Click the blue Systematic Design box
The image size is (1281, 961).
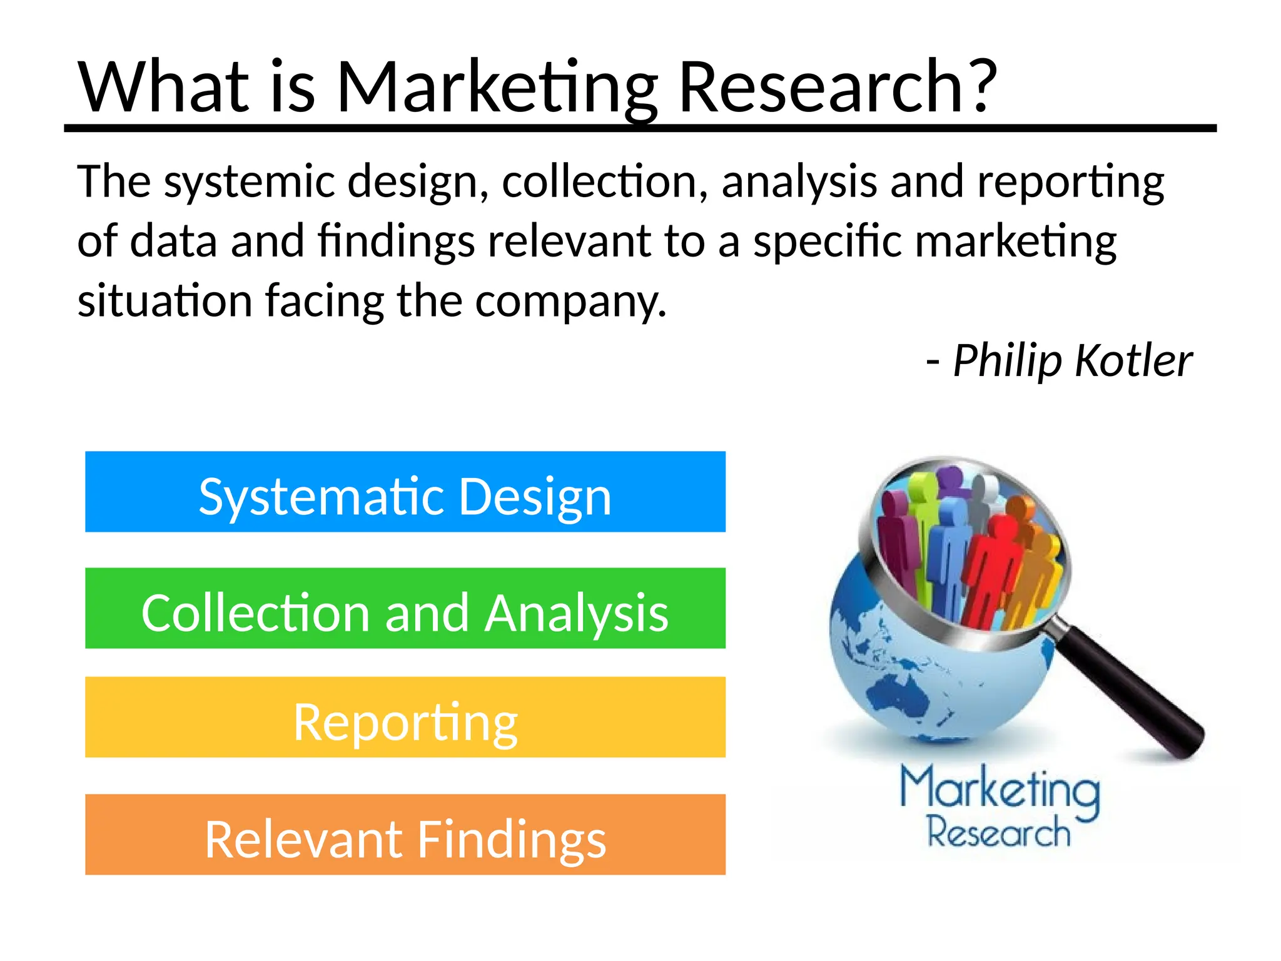pyautogui.click(x=405, y=492)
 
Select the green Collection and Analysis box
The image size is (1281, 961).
pyautogui.click(x=405, y=608)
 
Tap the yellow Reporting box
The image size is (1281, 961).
pyautogui.click(x=405, y=717)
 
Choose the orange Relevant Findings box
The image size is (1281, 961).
pyautogui.click(x=405, y=835)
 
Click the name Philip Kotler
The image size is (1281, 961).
pyautogui.click(x=1072, y=361)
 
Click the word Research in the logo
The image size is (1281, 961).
pyautogui.click(x=998, y=832)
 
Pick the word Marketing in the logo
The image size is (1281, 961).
pyautogui.click(x=1000, y=790)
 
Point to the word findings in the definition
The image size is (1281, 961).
pyautogui.click(x=396, y=242)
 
